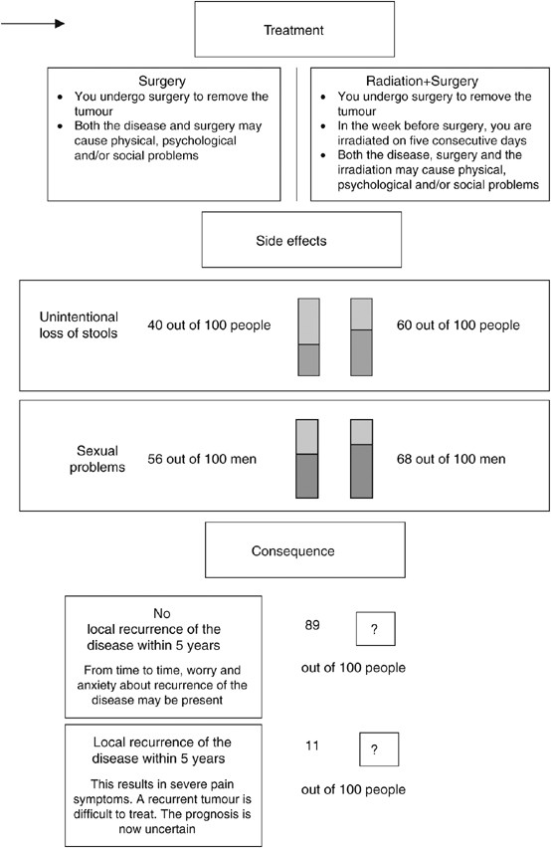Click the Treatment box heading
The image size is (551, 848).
click(273, 31)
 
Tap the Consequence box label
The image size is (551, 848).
click(304, 550)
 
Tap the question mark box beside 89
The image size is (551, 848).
click(375, 630)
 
